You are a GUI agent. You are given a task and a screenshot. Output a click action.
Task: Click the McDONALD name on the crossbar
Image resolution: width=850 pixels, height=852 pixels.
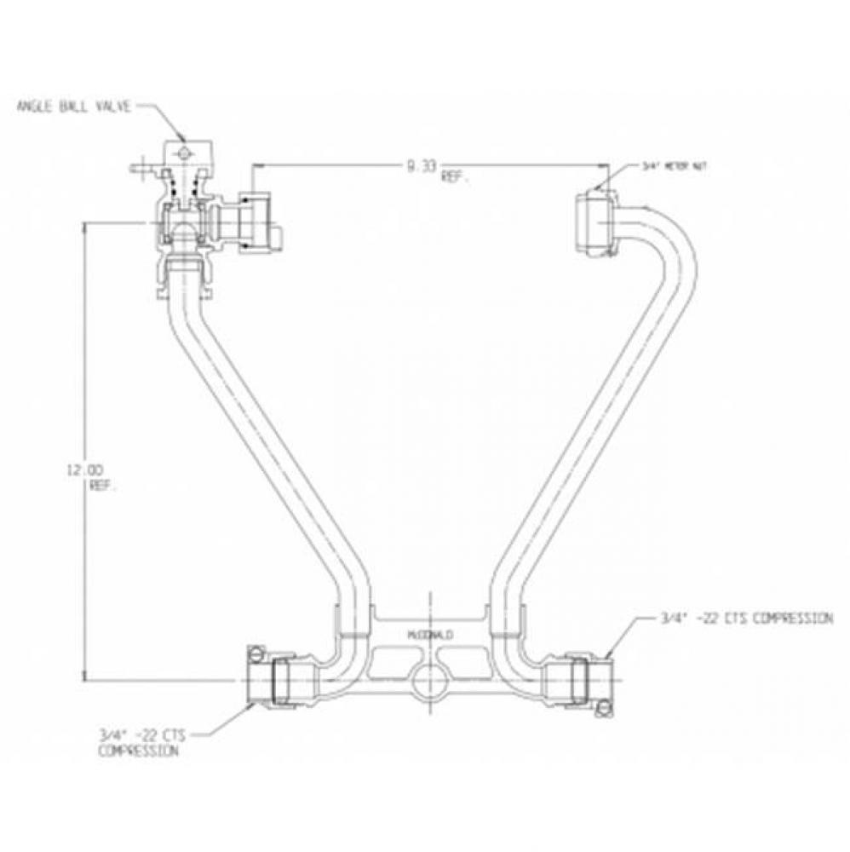(x=430, y=636)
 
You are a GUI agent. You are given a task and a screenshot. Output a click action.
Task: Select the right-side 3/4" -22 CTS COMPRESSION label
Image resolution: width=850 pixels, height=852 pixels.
(x=746, y=619)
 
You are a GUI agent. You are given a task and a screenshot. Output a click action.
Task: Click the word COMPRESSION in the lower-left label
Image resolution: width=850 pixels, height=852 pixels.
(x=138, y=751)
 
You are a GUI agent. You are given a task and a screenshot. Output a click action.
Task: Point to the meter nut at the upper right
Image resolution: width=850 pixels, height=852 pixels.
(x=594, y=222)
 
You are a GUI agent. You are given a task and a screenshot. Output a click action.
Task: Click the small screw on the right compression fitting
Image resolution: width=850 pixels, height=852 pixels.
(x=604, y=706)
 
